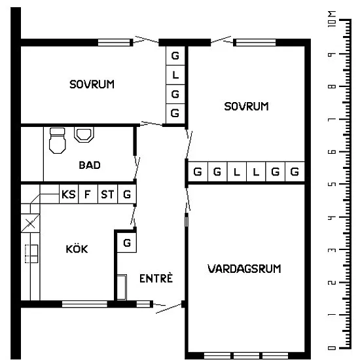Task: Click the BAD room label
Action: click(90, 165)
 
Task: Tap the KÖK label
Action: click(77, 249)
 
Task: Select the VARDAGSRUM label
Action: click(244, 269)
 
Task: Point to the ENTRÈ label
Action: click(156, 278)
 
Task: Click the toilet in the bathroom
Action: click(58, 140)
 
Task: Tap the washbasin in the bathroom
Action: click(84, 135)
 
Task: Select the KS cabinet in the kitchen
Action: click(69, 194)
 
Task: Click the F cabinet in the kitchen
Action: click(88, 194)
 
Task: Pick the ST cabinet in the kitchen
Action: click(107, 194)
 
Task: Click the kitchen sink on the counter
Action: click(31, 254)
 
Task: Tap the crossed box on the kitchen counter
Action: click(30, 223)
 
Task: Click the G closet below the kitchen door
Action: click(127, 243)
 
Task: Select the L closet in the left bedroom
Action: click(175, 75)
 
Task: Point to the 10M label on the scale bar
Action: click(332, 18)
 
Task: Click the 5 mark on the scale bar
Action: click(332, 184)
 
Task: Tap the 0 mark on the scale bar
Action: click(332, 348)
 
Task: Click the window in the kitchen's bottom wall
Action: click(84, 304)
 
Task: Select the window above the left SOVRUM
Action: click(114, 43)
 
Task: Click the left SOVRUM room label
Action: click(92, 84)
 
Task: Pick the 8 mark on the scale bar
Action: click(332, 86)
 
